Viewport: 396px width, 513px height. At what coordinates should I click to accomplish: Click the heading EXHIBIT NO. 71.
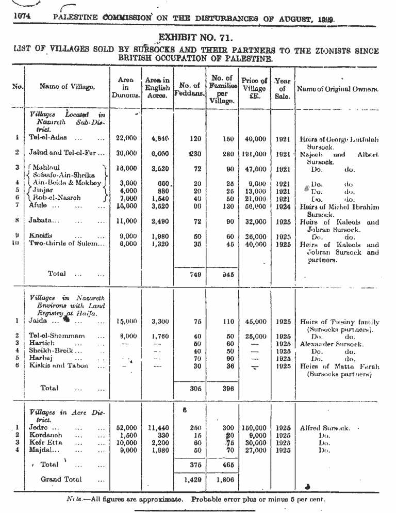pyautogui.click(x=195, y=38)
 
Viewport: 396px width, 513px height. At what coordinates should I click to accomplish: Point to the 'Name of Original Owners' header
pyautogui.click(x=337, y=89)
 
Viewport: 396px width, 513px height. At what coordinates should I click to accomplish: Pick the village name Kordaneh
pyautogui.click(x=45, y=435)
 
